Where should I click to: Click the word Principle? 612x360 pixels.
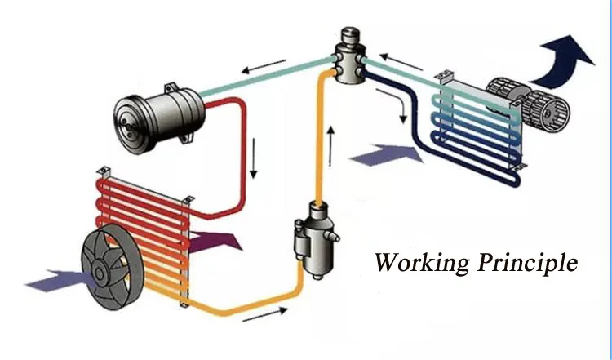(x=527, y=263)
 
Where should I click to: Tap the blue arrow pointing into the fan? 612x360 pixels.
(x=52, y=280)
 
